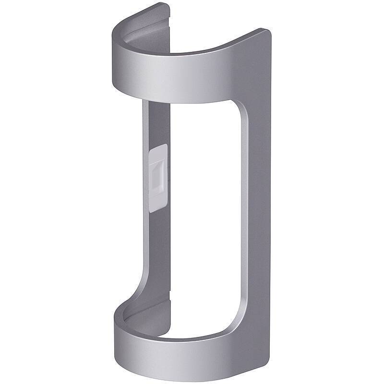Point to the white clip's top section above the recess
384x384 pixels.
point(159,153)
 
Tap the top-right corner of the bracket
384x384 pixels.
point(267,33)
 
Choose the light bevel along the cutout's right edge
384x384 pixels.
point(244,216)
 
